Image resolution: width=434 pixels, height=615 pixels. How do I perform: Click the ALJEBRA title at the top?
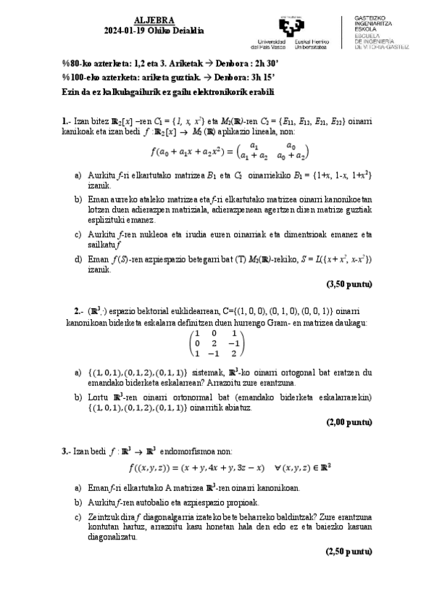[150, 22]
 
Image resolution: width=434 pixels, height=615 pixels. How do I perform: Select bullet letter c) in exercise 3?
[78, 517]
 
